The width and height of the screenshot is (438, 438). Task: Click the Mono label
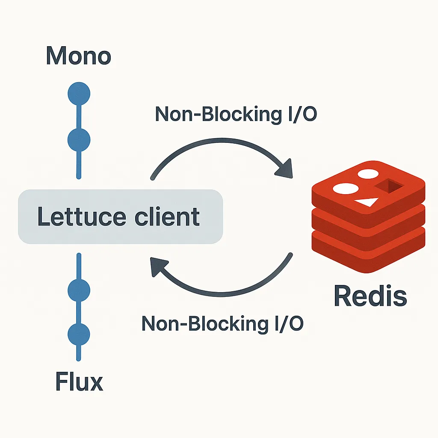79,56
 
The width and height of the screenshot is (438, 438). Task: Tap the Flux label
79,381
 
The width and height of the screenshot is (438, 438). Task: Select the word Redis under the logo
370,296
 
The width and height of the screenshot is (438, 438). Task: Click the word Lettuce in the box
82,216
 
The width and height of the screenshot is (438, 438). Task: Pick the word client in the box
167,216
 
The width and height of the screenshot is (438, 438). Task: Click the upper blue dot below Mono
79,94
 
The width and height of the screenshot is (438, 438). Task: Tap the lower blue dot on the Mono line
79,140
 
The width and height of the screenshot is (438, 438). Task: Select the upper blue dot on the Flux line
79,290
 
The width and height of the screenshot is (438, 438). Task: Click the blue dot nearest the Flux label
79,334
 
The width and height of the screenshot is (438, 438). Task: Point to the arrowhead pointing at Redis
285,169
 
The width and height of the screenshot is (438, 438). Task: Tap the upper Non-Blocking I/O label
236,114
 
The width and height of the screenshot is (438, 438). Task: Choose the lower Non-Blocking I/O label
222,323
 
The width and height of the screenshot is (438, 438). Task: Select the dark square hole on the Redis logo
389,186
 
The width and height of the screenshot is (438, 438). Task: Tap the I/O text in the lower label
289,323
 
